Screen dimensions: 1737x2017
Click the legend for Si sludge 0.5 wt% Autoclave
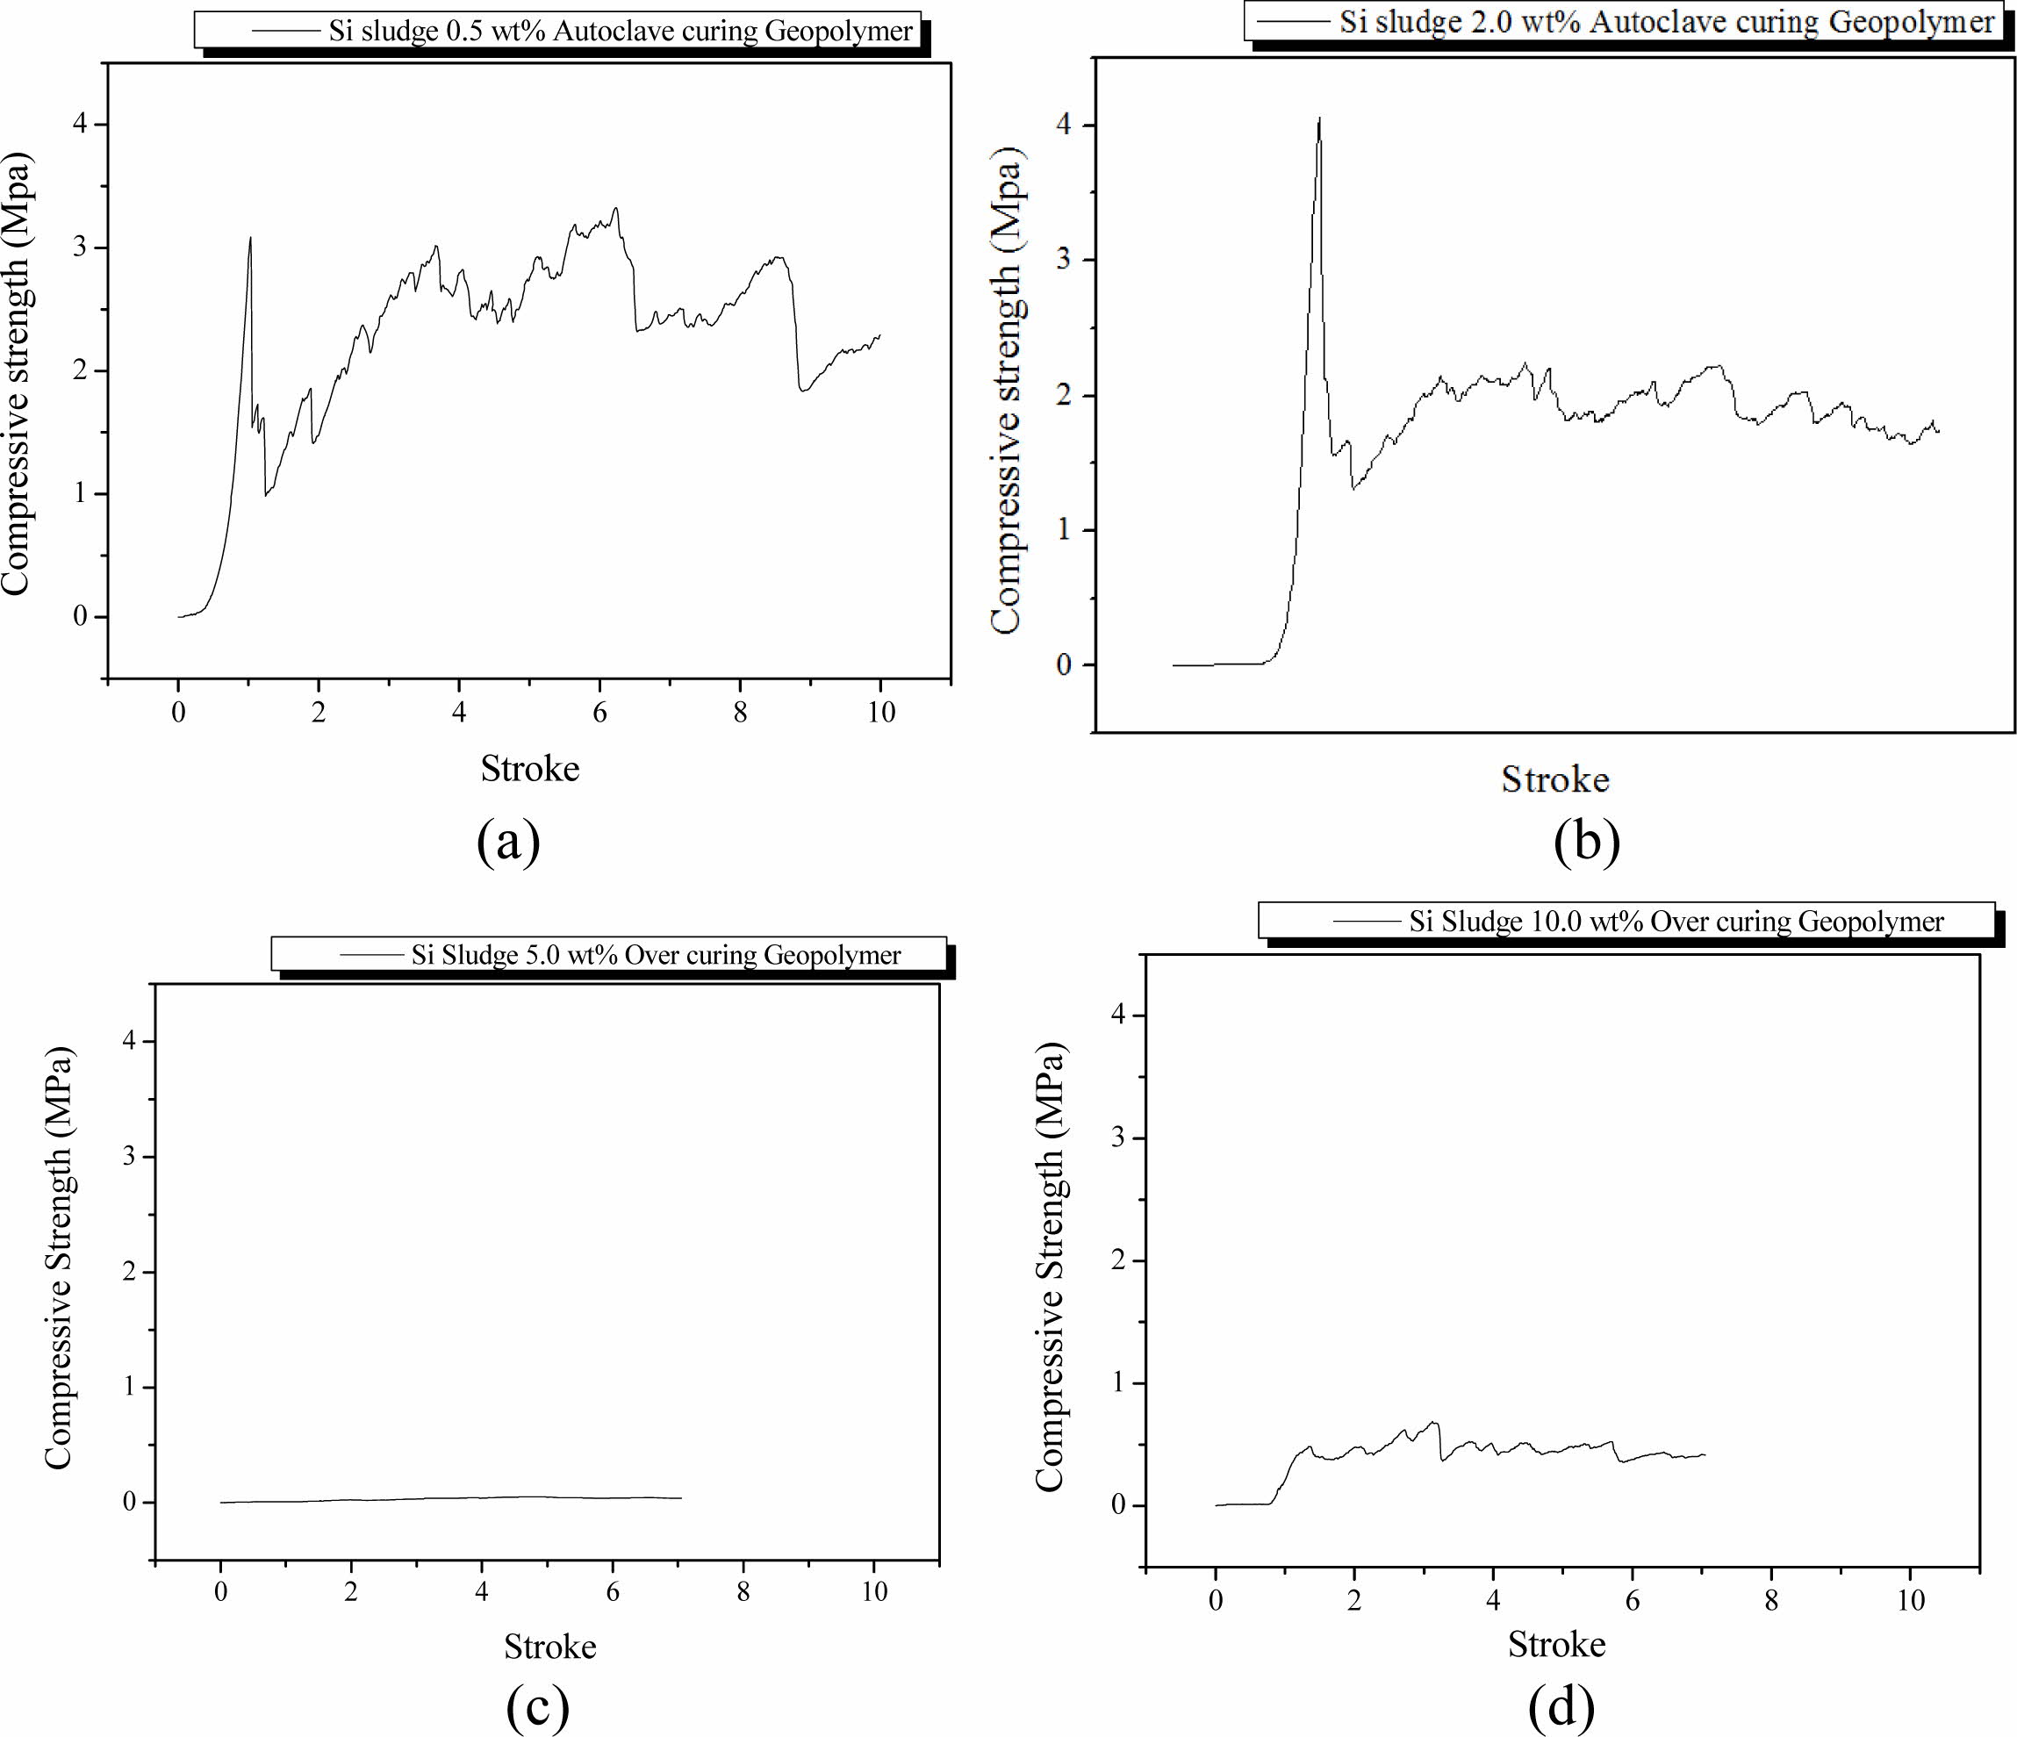[557, 30]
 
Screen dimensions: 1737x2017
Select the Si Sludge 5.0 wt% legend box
[608, 954]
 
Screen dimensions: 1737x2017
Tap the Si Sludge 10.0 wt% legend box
[1626, 921]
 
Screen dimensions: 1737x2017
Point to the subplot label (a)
[508, 843]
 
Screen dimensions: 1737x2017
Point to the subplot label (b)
[1587, 843]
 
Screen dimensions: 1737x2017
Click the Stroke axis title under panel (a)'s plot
[529, 769]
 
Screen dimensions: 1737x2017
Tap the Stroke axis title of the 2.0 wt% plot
[1554, 779]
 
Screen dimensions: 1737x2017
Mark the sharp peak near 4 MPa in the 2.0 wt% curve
[1319, 118]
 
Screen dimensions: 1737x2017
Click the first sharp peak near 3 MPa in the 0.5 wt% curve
[250, 238]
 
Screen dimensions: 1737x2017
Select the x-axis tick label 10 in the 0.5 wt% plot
[880, 713]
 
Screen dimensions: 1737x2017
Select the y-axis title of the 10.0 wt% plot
[1050, 1265]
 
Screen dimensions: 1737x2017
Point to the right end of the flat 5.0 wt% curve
[680, 1497]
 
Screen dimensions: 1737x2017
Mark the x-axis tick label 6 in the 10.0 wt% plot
[1633, 1600]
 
